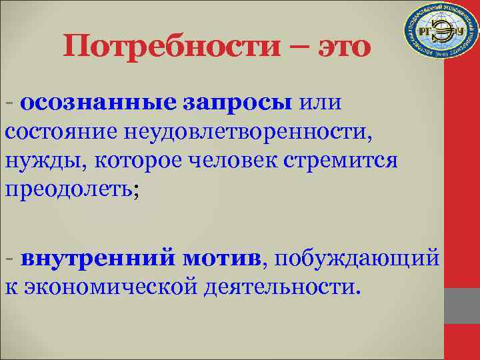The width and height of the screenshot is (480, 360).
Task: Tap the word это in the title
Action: pos(338,48)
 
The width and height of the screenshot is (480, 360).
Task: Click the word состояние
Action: pos(61,131)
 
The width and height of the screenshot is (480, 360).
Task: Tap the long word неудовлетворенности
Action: pos(247,132)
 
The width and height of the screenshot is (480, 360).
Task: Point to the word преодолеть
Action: pos(70,189)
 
